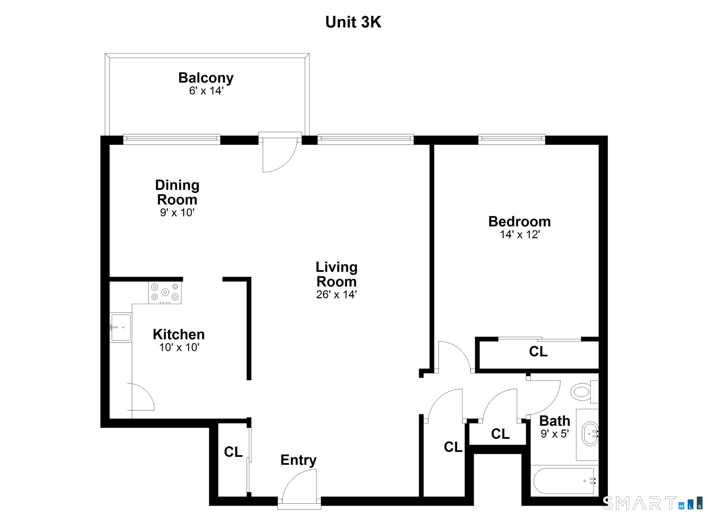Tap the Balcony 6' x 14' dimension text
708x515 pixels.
206,91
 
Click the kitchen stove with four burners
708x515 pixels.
165,292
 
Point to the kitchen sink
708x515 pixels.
121,328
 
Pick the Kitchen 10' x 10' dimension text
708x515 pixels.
179,347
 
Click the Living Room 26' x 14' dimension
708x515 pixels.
336,295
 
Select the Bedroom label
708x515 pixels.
519,222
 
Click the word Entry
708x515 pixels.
298,460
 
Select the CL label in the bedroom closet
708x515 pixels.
538,351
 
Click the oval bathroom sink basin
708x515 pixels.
590,434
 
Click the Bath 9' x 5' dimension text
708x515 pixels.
555,434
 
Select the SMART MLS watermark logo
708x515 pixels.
652,503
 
